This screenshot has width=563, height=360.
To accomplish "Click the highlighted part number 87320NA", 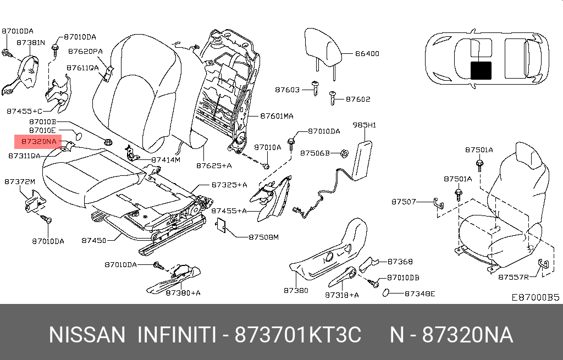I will [39, 142].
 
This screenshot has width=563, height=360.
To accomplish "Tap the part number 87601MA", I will [277, 117].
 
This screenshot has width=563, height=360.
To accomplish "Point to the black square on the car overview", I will [481, 71].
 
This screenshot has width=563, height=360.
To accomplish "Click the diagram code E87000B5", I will [535, 297].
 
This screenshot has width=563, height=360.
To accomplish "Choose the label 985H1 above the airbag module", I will [365, 125].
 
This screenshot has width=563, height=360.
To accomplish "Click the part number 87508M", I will [264, 237].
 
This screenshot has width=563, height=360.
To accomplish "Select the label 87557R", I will [513, 277].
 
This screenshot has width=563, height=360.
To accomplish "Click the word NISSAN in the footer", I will [87, 335].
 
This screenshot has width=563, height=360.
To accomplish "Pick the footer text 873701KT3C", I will [297, 335].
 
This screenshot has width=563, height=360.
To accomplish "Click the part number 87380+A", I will [183, 293].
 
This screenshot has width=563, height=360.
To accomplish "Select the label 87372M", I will [20, 182].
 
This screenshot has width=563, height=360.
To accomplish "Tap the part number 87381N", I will [31, 42].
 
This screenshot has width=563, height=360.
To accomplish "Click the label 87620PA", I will [85, 51].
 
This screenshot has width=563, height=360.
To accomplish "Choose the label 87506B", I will [314, 153].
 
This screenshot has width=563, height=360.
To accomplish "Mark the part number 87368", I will [400, 262].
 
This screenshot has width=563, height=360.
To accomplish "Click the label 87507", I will [404, 202].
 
